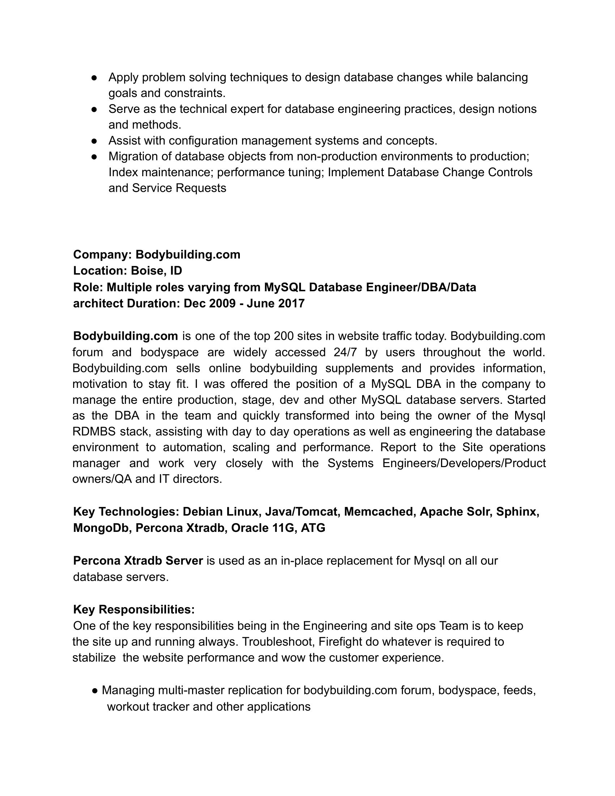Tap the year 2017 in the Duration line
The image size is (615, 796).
pyautogui.click(x=291, y=303)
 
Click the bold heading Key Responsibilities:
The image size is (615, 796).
pyautogui.click(x=134, y=609)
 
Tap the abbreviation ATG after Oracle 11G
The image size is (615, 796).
pyautogui.click(x=313, y=528)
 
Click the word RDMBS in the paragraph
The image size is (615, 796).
pyautogui.click(x=94, y=432)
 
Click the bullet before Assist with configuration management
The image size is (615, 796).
pyautogui.click(x=94, y=141)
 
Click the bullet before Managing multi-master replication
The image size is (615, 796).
pyautogui.click(x=95, y=690)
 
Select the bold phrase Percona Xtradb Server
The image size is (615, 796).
pyautogui.click(x=138, y=560)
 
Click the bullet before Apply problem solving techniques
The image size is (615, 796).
pyautogui.click(x=94, y=78)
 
